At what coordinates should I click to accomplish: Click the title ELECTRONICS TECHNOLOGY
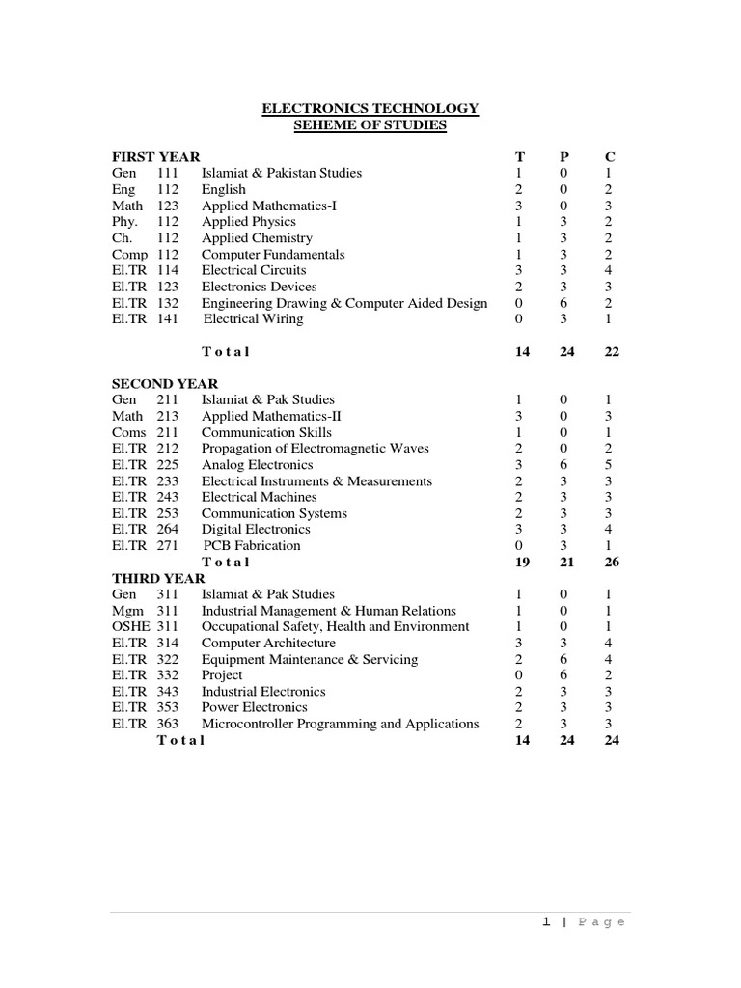370,109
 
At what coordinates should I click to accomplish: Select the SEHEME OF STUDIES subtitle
370,125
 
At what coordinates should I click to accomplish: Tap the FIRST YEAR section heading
156,156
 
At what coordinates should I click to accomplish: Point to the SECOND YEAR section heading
165,383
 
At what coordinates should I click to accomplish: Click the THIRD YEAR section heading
158,578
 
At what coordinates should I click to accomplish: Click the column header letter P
565,156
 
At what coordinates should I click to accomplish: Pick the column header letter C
610,156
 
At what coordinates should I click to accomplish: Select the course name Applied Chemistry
257,237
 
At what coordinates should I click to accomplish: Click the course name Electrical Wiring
254,318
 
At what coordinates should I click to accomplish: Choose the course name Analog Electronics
256,464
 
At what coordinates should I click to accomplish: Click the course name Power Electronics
255,707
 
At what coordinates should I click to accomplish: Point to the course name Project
222,674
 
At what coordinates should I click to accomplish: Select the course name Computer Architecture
268,643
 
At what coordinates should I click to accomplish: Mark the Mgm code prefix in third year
127,611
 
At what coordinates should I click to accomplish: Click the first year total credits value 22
611,352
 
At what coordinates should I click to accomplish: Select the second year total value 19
522,562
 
